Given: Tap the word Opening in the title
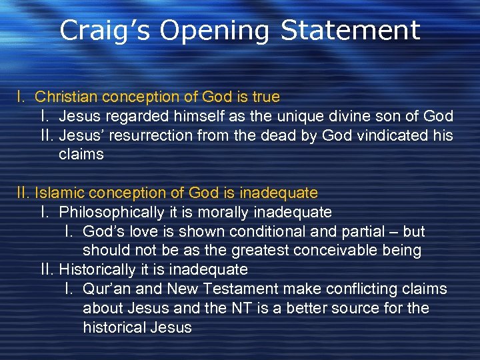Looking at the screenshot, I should point(214,31).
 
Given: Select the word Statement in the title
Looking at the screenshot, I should point(350,31).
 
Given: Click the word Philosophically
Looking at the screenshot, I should point(111,213).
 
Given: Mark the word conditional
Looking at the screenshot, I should point(289,232).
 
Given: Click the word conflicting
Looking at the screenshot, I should point(361,289).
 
